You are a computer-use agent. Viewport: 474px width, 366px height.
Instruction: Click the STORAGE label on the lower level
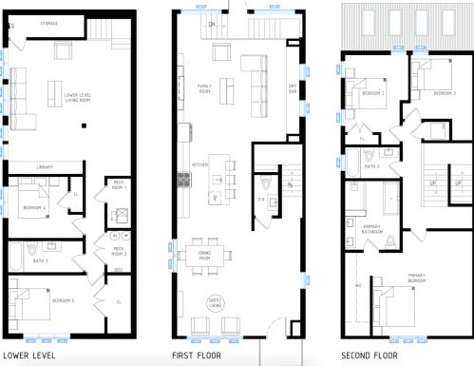49,22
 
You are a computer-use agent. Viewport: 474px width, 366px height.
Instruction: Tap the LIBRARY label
45,167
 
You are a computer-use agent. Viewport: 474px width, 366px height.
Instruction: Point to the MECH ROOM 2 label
120,251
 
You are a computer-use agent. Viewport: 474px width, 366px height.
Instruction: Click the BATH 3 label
40,260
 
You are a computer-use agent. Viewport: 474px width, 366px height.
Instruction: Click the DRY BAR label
293,90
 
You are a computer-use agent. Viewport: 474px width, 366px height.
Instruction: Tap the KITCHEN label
199,164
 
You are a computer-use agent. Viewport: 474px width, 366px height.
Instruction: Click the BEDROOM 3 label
445,93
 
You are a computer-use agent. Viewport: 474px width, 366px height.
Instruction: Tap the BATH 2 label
371,165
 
